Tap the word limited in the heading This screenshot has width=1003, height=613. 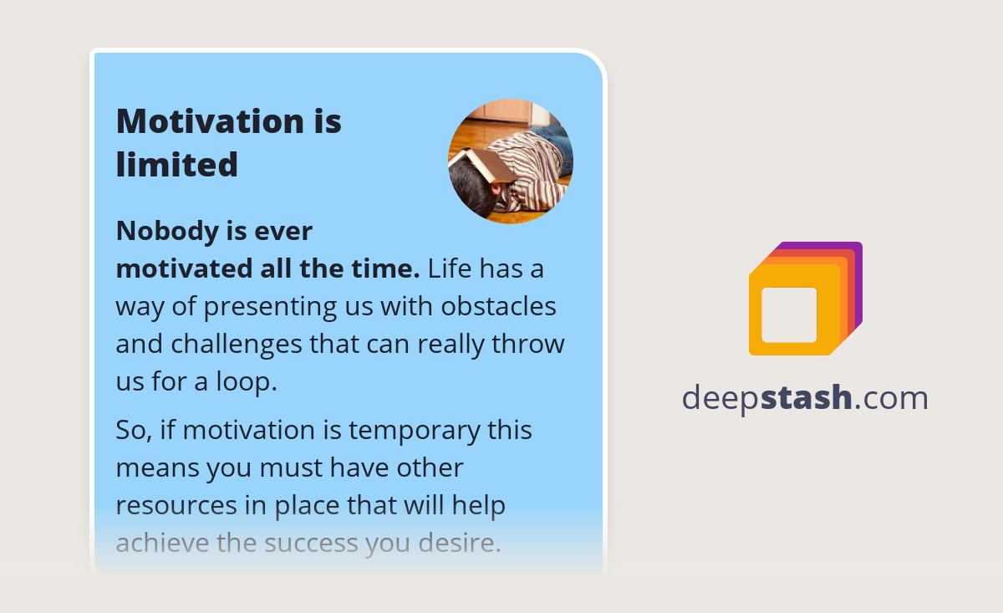coord(176,164)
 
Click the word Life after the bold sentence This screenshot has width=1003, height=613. coord(451,269)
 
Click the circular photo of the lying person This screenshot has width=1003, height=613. coord(511,161)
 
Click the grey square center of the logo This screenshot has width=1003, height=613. coord(789,315)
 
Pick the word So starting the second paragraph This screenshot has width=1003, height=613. coord(130,430)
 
